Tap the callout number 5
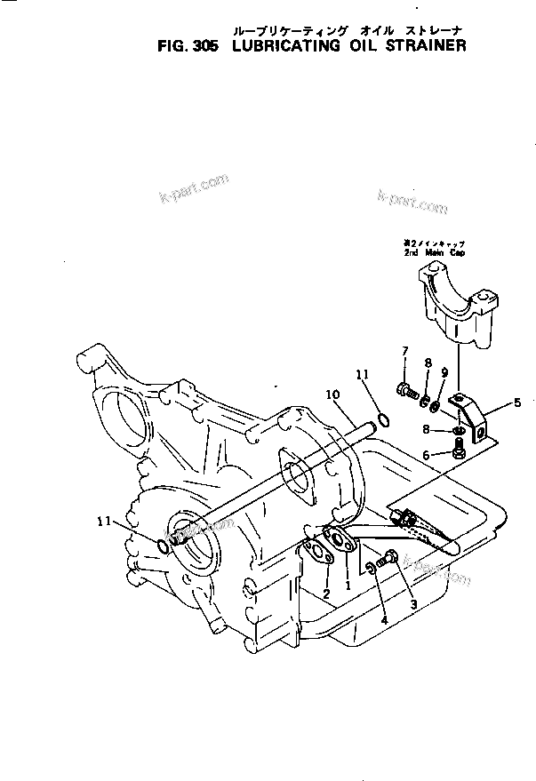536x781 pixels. pos(518,403)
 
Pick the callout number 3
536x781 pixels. pos(412,604)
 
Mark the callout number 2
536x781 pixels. pos(326,593)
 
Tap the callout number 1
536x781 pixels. pos(348,587)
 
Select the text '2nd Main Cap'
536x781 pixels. pos(434,252)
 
